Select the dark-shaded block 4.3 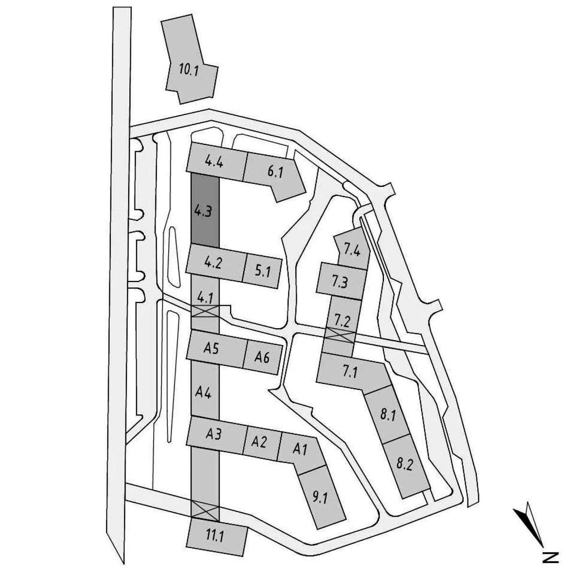205,210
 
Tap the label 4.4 214,162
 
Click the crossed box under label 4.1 205,311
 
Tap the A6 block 263,358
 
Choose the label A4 204,393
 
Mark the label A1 300,449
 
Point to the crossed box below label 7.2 340,334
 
